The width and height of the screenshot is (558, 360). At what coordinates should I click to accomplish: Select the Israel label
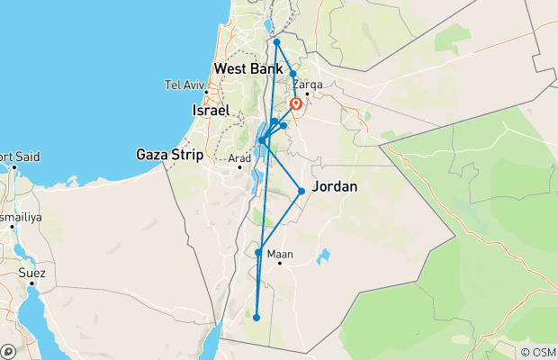(x=212, y=110)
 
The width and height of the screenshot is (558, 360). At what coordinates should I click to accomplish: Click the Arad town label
(x=239, y=159)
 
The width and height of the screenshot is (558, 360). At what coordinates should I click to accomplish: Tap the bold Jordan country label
(x=334, y=187)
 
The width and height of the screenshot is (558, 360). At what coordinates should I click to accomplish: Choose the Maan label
(x=282, y=255)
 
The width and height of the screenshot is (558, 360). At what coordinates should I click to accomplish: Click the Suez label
(x=31, y=271)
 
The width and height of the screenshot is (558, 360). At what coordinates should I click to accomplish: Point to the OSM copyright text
(x=537, y=351)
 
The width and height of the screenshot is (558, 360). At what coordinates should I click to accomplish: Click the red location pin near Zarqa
(x=295, y=104)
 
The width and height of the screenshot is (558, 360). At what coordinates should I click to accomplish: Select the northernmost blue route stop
(x=276, y=42)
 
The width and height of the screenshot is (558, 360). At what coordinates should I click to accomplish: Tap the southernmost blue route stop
(x=256, y=317)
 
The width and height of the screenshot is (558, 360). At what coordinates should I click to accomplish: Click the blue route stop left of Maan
(x=258, y=253)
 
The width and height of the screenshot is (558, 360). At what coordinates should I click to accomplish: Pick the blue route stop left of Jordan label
(x=301, y=191)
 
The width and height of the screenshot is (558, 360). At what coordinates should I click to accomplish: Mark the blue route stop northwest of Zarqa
(x=292, y=74)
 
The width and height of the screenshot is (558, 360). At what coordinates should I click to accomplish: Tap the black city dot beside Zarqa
(x=307, y=93)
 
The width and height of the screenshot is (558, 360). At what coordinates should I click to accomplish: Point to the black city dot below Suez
(x=31, y=283)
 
